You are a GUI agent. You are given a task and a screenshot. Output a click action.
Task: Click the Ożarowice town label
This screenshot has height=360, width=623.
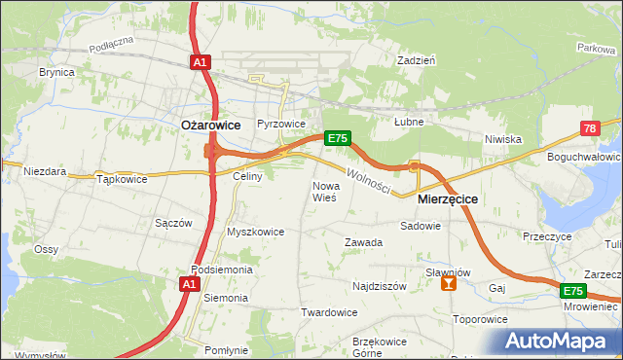211,125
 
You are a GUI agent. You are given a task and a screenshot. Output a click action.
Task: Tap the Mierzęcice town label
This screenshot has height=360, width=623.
447,198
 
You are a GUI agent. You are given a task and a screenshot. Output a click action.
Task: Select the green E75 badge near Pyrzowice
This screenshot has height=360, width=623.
337,138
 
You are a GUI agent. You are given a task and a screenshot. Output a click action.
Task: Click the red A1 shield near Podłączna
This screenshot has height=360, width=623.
200,62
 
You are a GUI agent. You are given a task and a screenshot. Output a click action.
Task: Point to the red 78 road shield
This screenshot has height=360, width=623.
590,128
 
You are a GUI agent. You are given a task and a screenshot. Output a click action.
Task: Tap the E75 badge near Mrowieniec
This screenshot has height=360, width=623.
572,291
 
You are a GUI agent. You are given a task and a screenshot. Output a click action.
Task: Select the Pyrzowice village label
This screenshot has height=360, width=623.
281,125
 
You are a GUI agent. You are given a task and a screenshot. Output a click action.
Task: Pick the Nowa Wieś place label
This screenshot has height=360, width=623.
324,191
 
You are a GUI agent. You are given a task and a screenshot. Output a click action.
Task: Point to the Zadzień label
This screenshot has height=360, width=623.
416,59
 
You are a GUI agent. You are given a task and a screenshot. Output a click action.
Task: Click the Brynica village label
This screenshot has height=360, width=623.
56,72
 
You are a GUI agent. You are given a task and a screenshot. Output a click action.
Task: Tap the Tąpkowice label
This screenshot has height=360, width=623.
122,179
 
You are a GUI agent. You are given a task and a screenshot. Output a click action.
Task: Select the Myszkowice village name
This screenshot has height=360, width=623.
255,232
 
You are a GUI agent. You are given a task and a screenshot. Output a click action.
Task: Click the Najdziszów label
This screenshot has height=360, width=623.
379,287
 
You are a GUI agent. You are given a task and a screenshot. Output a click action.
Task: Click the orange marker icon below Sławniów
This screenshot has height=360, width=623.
448,283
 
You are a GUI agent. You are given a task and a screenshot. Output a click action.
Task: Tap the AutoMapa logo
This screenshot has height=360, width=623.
562,342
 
